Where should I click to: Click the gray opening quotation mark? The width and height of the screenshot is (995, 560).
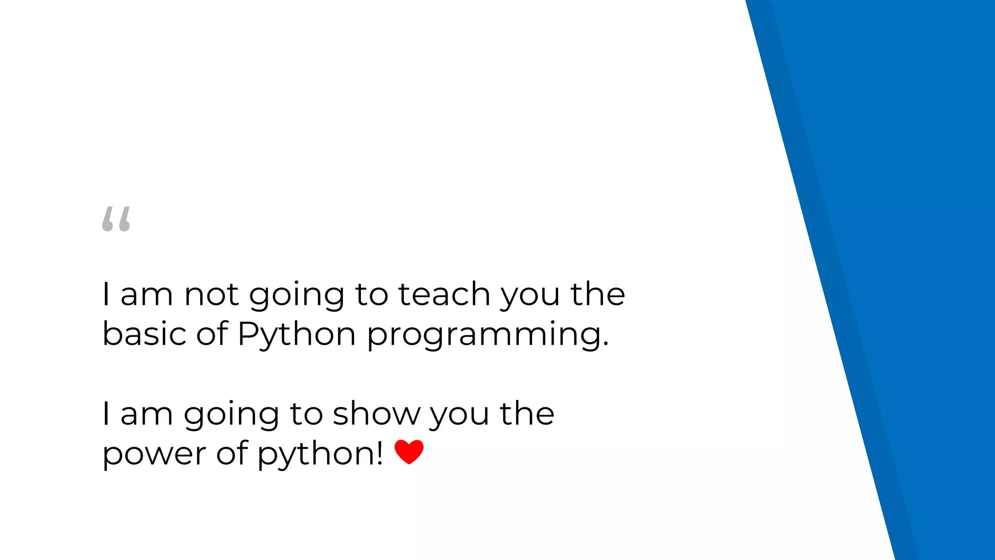tap(116, 219)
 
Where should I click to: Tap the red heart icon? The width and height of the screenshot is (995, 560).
tap(409, 452)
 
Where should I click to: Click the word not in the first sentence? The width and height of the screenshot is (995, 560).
tap(212, 295)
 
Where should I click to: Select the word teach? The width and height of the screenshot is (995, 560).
tap(444, 295)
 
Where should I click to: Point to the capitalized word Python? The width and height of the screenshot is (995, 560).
tap(297, 335)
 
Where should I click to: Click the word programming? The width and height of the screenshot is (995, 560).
tap(487, 335)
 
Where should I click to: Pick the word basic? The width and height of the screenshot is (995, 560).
tap(144, 334)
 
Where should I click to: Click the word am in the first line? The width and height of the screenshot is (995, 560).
tap(146, 296)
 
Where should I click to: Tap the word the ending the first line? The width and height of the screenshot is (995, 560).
tap(598, 295)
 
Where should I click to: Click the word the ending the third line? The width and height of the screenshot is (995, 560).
tap(527, 414)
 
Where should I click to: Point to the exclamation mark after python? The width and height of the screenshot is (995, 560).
tap(379, 453)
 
